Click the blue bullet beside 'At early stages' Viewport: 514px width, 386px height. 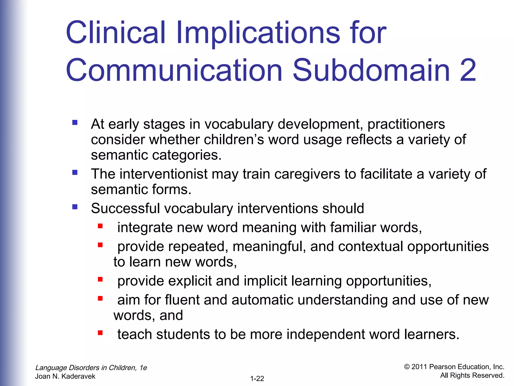click(75, 123)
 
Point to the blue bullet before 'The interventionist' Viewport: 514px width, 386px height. click(75, 172)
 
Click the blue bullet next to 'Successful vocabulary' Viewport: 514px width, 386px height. click(75, 207)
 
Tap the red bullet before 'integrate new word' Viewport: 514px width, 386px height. click(100, 226)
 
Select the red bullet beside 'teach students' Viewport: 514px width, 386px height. click(100, 333)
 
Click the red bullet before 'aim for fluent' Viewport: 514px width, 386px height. click(100, 298)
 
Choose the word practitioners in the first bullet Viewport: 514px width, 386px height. click(406, 124)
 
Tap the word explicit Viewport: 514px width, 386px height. click(190, 281)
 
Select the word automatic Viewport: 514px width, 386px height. click(262, 300)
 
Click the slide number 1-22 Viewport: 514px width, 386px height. click(257, 378)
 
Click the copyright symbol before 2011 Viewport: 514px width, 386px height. click(407, 367)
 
